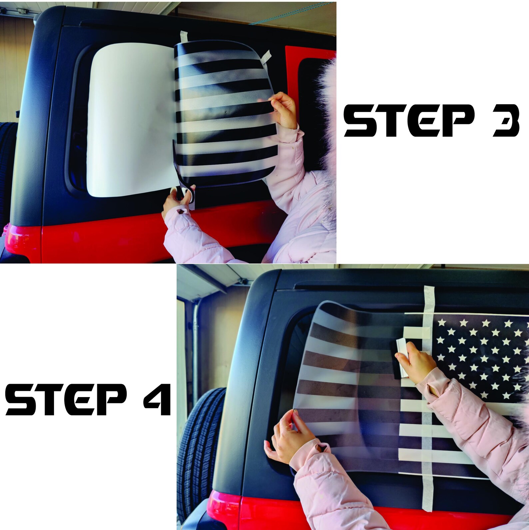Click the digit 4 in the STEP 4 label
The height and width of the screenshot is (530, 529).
156,399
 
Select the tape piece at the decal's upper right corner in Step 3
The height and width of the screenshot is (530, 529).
266,57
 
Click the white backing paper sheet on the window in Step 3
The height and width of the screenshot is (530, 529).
130,120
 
